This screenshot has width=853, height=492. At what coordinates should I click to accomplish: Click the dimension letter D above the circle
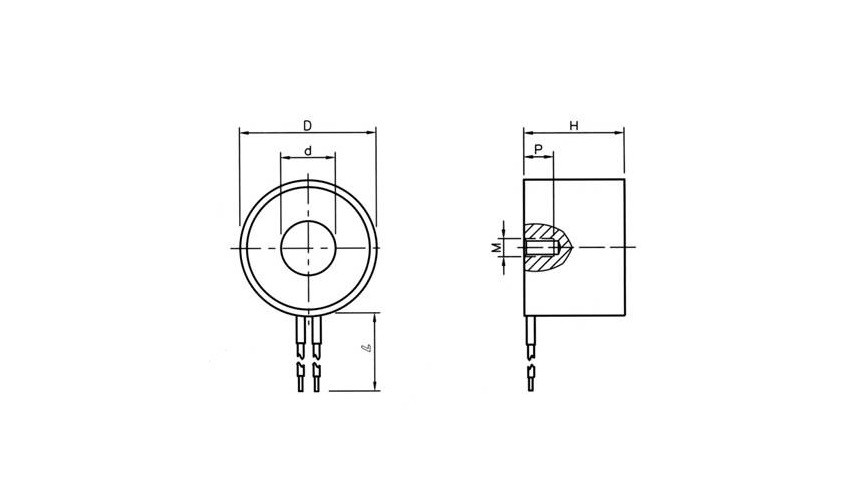(x=307, y=126)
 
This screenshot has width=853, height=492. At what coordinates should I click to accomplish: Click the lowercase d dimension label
(x=308, y=151)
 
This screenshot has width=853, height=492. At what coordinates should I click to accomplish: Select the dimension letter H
(x=574, y=126)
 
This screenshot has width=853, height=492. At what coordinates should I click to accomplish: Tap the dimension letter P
(x=539, y=149)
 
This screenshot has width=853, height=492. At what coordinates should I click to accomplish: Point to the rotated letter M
(x=496, y=248)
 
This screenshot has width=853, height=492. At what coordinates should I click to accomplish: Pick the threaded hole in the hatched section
(x=542, y=248)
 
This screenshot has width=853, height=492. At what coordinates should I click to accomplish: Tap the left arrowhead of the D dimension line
(x=243, y=132)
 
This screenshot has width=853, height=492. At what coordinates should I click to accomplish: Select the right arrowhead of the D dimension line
(x=372, y=132)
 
